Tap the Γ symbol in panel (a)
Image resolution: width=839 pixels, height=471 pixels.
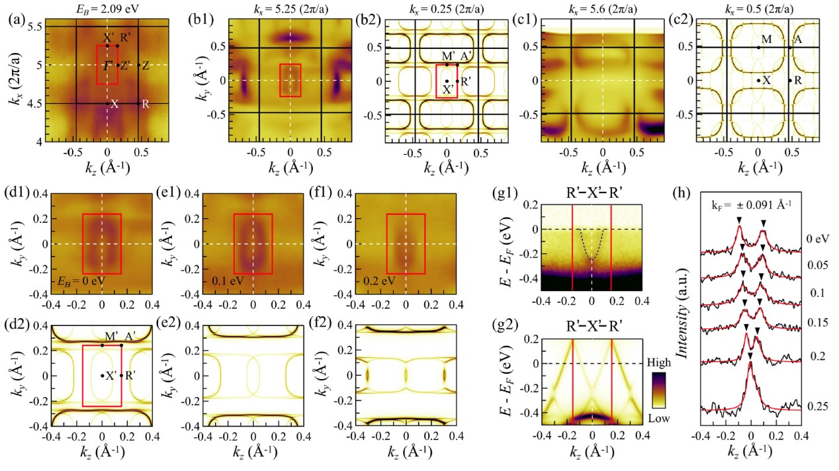click(107, 65)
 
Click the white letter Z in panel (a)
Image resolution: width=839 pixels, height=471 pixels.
click(146, 65)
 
